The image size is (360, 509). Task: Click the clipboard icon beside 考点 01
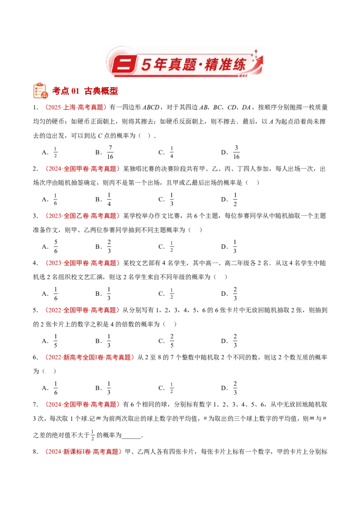point(40,90)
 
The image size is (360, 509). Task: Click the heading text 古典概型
point(101,91)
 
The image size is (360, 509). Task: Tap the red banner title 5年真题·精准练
point(193,64)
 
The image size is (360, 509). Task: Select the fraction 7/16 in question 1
point(110,152)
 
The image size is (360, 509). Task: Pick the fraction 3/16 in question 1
point(236,152)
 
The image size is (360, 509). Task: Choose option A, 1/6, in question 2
point(55,199)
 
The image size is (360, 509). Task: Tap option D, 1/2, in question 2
point(235,199)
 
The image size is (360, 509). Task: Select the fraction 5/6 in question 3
point(56,246)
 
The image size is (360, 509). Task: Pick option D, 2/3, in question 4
point(235,294)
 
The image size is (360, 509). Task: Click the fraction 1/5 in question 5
point(55,341)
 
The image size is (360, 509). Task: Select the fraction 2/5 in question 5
point(172,341)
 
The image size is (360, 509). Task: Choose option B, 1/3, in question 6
point(109,388)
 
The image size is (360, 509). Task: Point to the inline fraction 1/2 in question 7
point(93,435)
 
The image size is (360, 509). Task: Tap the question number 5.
point(36,310)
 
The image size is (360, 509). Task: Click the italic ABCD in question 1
point(151,107)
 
